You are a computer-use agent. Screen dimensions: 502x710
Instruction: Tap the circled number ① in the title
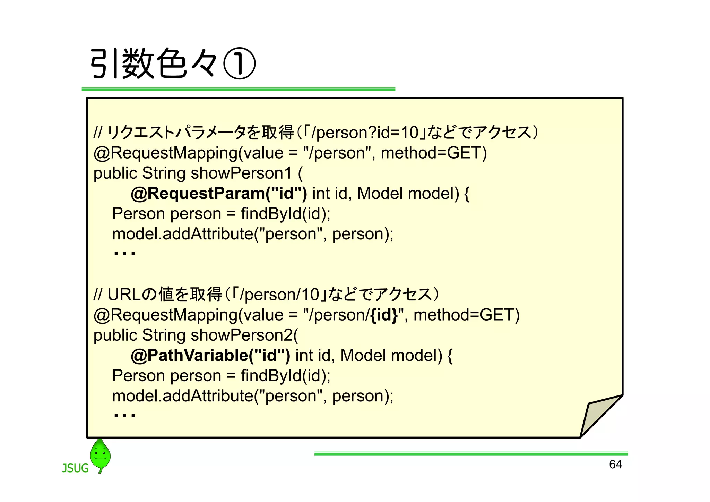[239, 64]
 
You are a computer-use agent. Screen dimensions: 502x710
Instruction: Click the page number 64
[615, 465]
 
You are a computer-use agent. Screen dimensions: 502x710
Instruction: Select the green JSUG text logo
[75, 468]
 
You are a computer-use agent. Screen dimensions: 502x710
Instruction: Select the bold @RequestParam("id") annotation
[219, 194]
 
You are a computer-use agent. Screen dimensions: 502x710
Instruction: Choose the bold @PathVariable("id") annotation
[210, 356]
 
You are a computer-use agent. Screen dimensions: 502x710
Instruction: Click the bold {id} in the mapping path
[384, 315]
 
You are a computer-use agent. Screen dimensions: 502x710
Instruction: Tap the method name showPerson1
[241, 173]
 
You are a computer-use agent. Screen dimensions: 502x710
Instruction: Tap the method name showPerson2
[242, 335]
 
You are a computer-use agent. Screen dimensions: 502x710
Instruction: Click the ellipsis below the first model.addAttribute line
[124, 254]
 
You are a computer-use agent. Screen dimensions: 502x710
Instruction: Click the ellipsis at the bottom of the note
[124, 415]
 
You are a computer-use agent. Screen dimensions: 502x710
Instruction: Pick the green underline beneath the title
[238, 89]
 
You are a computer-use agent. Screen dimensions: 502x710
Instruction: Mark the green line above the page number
[471, 453]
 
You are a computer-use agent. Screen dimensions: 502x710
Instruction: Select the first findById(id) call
[285, 214]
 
